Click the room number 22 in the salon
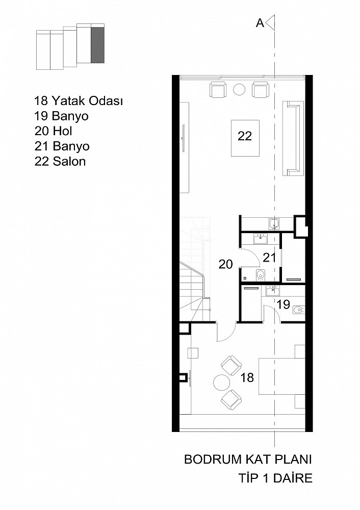pos(245,136)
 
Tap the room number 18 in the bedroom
pos(247,377)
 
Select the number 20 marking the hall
pos(226,264)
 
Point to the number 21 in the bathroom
pos(269,258)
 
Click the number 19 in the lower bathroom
pos(284,304)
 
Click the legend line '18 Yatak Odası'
pos(79,101)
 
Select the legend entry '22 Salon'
pos(60,161)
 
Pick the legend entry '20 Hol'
pos(54,131)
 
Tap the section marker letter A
pos(260,23)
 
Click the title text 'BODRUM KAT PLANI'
pos(248,460)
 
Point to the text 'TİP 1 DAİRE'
pos(275,478)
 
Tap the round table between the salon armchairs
pos(239,89)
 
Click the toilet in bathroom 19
pos(298,310)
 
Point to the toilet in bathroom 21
pos(260,275)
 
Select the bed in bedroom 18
pos(281,376)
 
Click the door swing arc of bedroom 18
pos(228,335)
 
